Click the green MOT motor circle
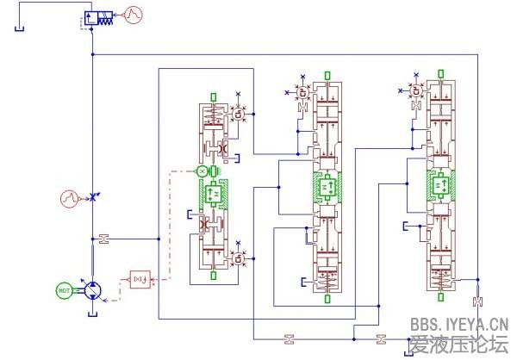(64, 290)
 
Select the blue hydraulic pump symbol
(91, 290)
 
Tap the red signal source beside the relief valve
(134, 14)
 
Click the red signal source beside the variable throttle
(70, 198)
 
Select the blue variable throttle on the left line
(92, 198)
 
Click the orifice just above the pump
(103, 238)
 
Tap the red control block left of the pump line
(139, 278)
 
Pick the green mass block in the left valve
(212, 196)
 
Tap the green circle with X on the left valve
(202, 172)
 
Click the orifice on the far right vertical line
(477, 301)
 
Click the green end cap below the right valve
(440, 299)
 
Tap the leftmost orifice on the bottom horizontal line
(289, 336)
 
